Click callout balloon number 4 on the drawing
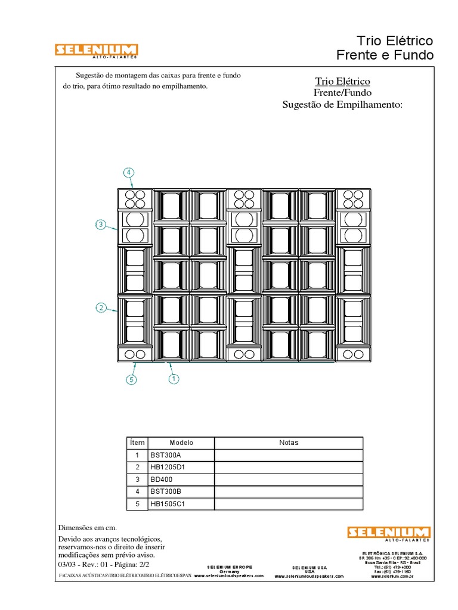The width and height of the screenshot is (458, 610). [x=129, y=173]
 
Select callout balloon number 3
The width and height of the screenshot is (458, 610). [x=101, y=225]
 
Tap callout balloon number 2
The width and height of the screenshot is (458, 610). [x=101, y=308]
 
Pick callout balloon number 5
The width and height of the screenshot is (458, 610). [x=131, y=379]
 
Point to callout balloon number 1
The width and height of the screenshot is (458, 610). [x=174, y=378]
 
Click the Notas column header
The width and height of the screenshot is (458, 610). [x=289, y=443]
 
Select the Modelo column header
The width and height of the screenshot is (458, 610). [x=181, y=443]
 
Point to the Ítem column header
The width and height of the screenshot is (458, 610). [x=137, y=443]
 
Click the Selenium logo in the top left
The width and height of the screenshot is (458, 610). [x=97, y=51]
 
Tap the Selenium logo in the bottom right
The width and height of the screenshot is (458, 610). [x=389, y=533]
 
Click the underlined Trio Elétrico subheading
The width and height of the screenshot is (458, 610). [x=342, y=81]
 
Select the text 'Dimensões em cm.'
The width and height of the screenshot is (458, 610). [x=87, y=528]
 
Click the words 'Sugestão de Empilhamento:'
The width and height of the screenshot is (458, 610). [x=342, y=105]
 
